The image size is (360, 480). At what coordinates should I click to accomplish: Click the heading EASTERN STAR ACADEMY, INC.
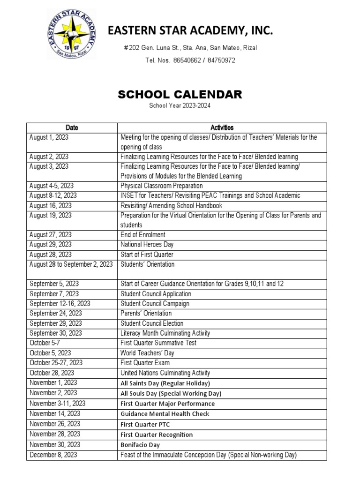(190, 31)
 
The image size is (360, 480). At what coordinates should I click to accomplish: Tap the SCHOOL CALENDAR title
(180, 95)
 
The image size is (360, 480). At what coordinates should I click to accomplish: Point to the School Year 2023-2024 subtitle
(180, 106)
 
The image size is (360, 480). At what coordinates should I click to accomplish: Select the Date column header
(72, 127)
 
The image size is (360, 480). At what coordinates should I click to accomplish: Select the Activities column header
(222, 127)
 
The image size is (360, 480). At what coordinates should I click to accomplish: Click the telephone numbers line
(190, 60)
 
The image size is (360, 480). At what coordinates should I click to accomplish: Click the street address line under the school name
(190, 48)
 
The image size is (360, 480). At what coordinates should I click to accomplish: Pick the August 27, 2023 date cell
(51, 235)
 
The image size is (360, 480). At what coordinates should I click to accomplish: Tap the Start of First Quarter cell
(147, 255)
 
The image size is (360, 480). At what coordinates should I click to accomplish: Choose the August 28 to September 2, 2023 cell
(71, 264)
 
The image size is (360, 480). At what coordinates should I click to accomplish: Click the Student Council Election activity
(152, 323)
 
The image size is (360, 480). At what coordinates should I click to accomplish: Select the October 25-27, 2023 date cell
(56, 363)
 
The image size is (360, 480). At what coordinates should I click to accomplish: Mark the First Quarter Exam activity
(145, 363)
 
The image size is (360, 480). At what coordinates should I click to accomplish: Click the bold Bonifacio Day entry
(140, 445)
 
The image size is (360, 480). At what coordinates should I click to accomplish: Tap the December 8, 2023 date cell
(53, 455)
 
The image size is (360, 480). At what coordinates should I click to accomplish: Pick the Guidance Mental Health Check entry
(165, 414)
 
